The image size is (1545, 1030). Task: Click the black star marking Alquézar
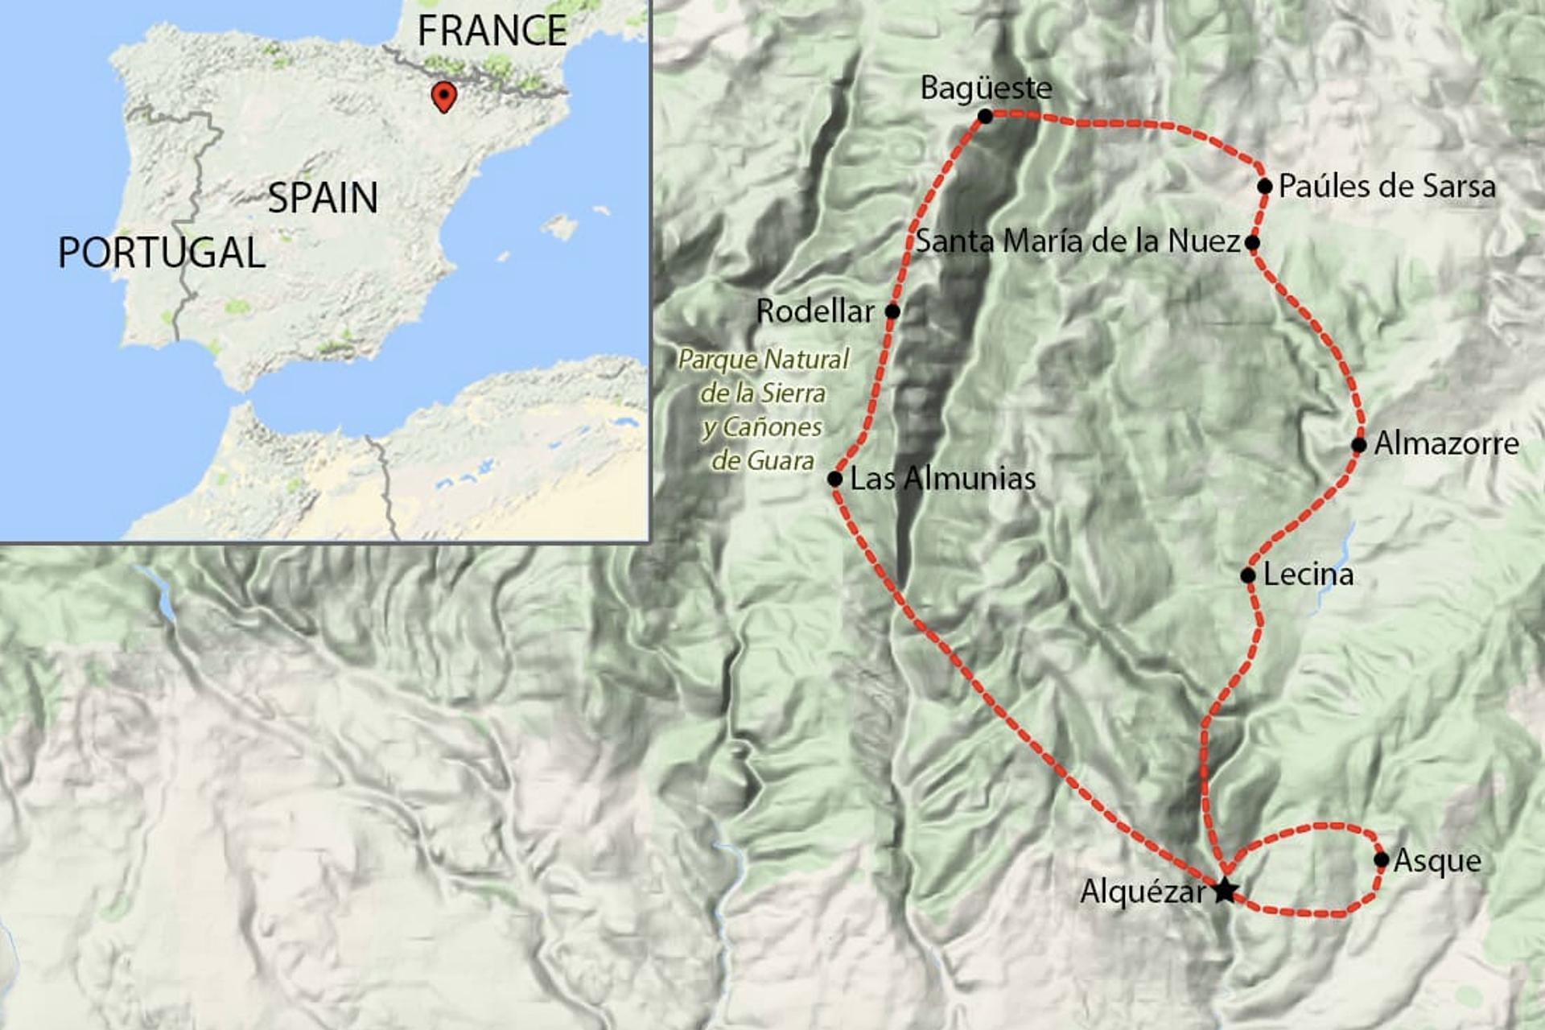[1224, 890]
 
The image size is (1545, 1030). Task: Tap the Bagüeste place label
[986, 88]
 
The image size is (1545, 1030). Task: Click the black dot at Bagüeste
[985, 117]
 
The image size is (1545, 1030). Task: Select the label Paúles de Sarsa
[1386, 187]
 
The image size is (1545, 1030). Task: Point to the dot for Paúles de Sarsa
[1264, 187]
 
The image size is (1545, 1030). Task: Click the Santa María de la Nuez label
[1077, 241]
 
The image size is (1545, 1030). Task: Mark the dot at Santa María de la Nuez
[1252, 242]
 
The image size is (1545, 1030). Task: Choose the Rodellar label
[815, 311]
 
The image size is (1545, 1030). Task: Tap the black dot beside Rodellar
[892, 311]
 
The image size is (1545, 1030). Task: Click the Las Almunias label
[942, 479]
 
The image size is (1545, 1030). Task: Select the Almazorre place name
[1446, 443]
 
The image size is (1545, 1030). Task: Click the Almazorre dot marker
[1359, 445]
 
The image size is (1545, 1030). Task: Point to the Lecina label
[1308, 575]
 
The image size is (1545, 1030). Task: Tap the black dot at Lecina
[1248, 575]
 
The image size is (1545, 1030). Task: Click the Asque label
[1437, 861]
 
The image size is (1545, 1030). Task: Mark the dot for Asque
[1382, 859]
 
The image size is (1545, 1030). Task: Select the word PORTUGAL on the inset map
[162, 253]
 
